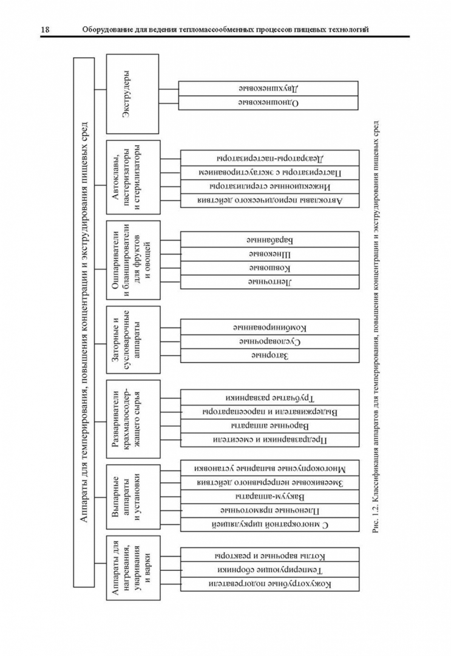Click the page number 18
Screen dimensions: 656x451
click(x=46, y=29)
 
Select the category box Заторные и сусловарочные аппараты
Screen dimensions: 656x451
click(x=133, y=339)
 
